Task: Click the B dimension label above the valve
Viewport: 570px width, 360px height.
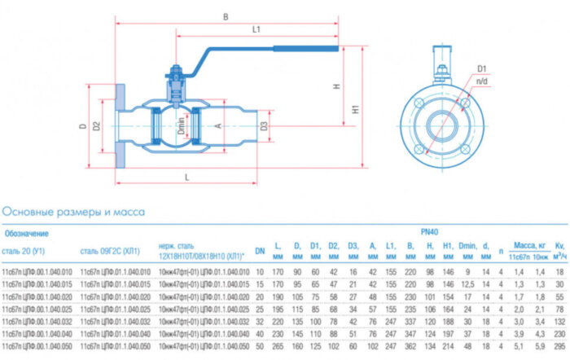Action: (226, 15)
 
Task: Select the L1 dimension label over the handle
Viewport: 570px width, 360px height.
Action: (255, 30)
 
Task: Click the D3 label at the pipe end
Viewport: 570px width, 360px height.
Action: (263, 126)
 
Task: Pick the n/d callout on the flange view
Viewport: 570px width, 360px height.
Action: (481, 82)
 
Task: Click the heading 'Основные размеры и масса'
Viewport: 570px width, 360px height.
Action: (74, 212)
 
